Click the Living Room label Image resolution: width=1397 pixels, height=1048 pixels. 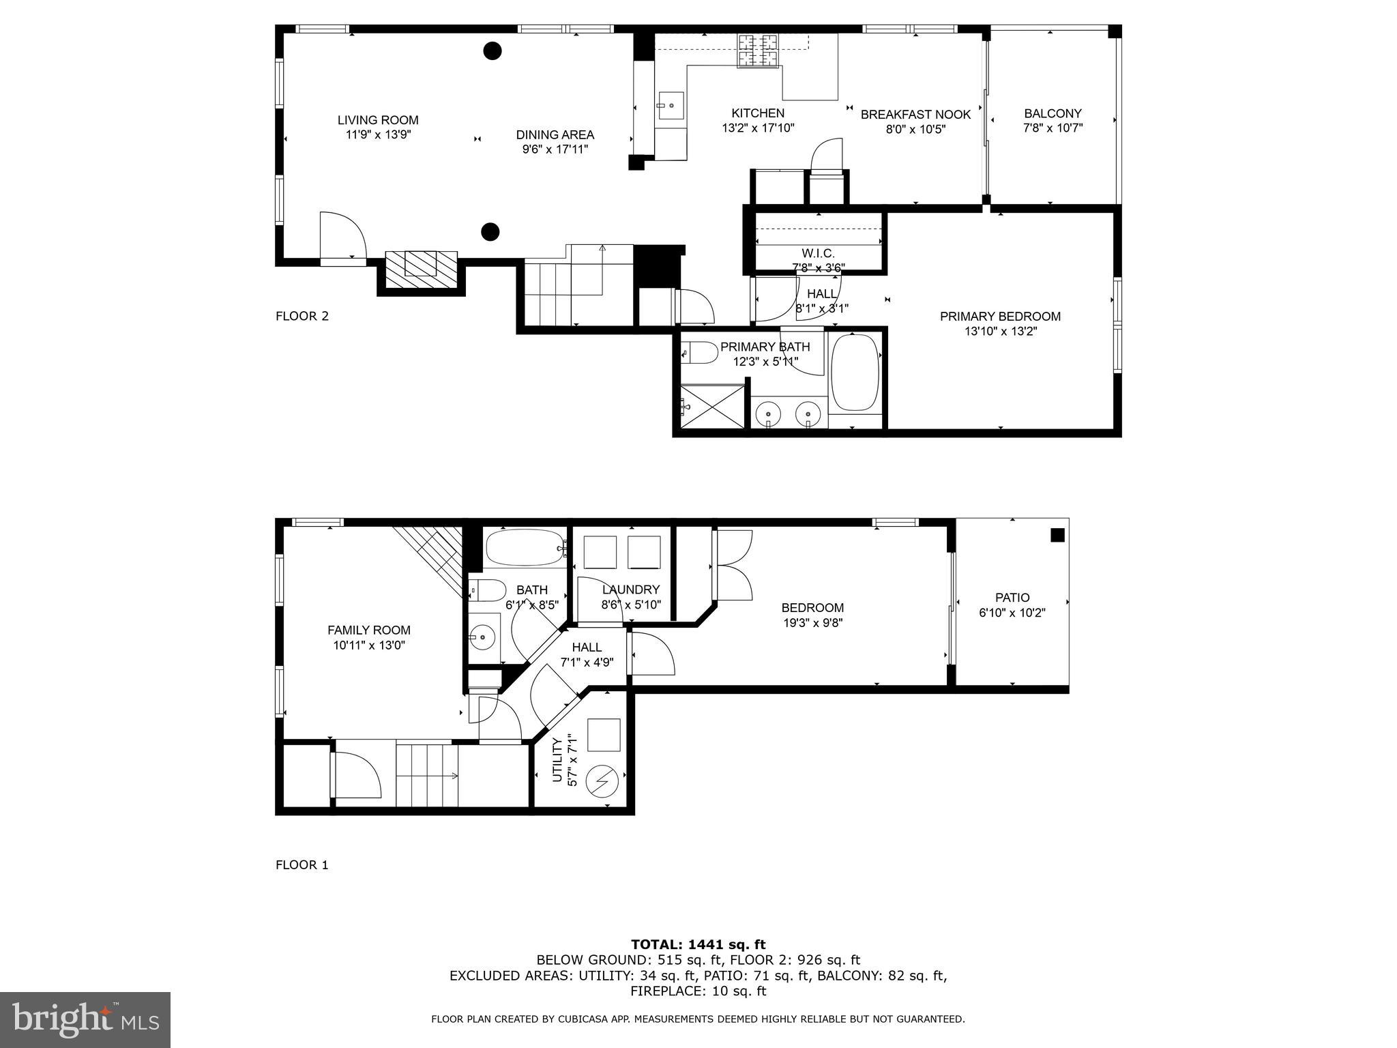378,120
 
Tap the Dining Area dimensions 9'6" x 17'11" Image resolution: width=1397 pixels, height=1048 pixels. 555,149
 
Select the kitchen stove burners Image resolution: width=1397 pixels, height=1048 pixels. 757,50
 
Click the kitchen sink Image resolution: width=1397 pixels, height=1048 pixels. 670,106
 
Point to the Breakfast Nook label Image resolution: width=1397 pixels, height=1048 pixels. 915,115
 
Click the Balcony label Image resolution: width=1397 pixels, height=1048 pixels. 1053,113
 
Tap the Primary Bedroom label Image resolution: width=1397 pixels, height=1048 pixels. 1000,317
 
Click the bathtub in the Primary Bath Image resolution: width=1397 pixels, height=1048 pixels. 855,372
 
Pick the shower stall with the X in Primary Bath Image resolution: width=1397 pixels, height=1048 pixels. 712,407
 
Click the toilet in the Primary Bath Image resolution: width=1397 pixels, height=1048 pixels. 700,353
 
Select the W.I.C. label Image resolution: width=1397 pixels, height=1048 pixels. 818,253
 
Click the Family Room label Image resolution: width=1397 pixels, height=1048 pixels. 369,630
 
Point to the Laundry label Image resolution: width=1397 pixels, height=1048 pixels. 631,589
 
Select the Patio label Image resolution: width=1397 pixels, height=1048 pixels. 1012,598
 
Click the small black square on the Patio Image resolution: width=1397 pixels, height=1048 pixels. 1057,536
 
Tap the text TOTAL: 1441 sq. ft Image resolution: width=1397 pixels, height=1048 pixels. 698,944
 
